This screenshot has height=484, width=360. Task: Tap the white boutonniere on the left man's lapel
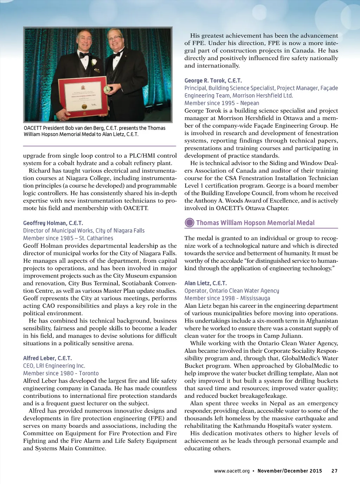pyautogui.click(x=94, y=62)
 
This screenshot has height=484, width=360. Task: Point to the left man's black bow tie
pyautogui.click(x=84, y=55)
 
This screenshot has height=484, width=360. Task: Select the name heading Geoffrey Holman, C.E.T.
pyautogui.click(x=53, y=223)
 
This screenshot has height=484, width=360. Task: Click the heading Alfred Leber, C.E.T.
pyautogui.click(x=47, y=358)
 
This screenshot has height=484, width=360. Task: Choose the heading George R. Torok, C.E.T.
pyautogui.click(x=213, y=81)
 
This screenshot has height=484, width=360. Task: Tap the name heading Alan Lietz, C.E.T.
pyautogui.click(x=206, y=283)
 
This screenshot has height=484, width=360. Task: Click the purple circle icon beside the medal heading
pyautogui.click(x=189, y=223)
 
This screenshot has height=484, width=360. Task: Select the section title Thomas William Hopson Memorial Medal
pyautogui.click(x=255, y=223)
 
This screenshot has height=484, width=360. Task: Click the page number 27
pyautogui.click(x=334, y=471)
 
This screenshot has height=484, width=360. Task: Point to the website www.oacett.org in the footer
pyautogui.click(x=232, y=471)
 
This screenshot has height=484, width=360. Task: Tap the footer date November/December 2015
pyautogui.click(x=290, y=471)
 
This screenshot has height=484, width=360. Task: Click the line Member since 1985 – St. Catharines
pyautogui.click(x=68, y=238)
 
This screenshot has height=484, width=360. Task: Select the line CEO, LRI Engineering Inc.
pyautogui.click(x=54, y=366)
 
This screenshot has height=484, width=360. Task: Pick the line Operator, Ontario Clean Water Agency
pyautogui.click(x=232, y=291)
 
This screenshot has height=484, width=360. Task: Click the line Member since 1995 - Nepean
pyautogui.click(x=222, y=103)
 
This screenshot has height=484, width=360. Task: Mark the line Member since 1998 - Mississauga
pyautogui.click(x=227, y=298)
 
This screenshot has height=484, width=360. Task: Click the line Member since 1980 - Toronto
pyautogui.click(x=61, y=373)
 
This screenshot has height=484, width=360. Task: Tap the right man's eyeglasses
pyautogui.click(x=115, y=38)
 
